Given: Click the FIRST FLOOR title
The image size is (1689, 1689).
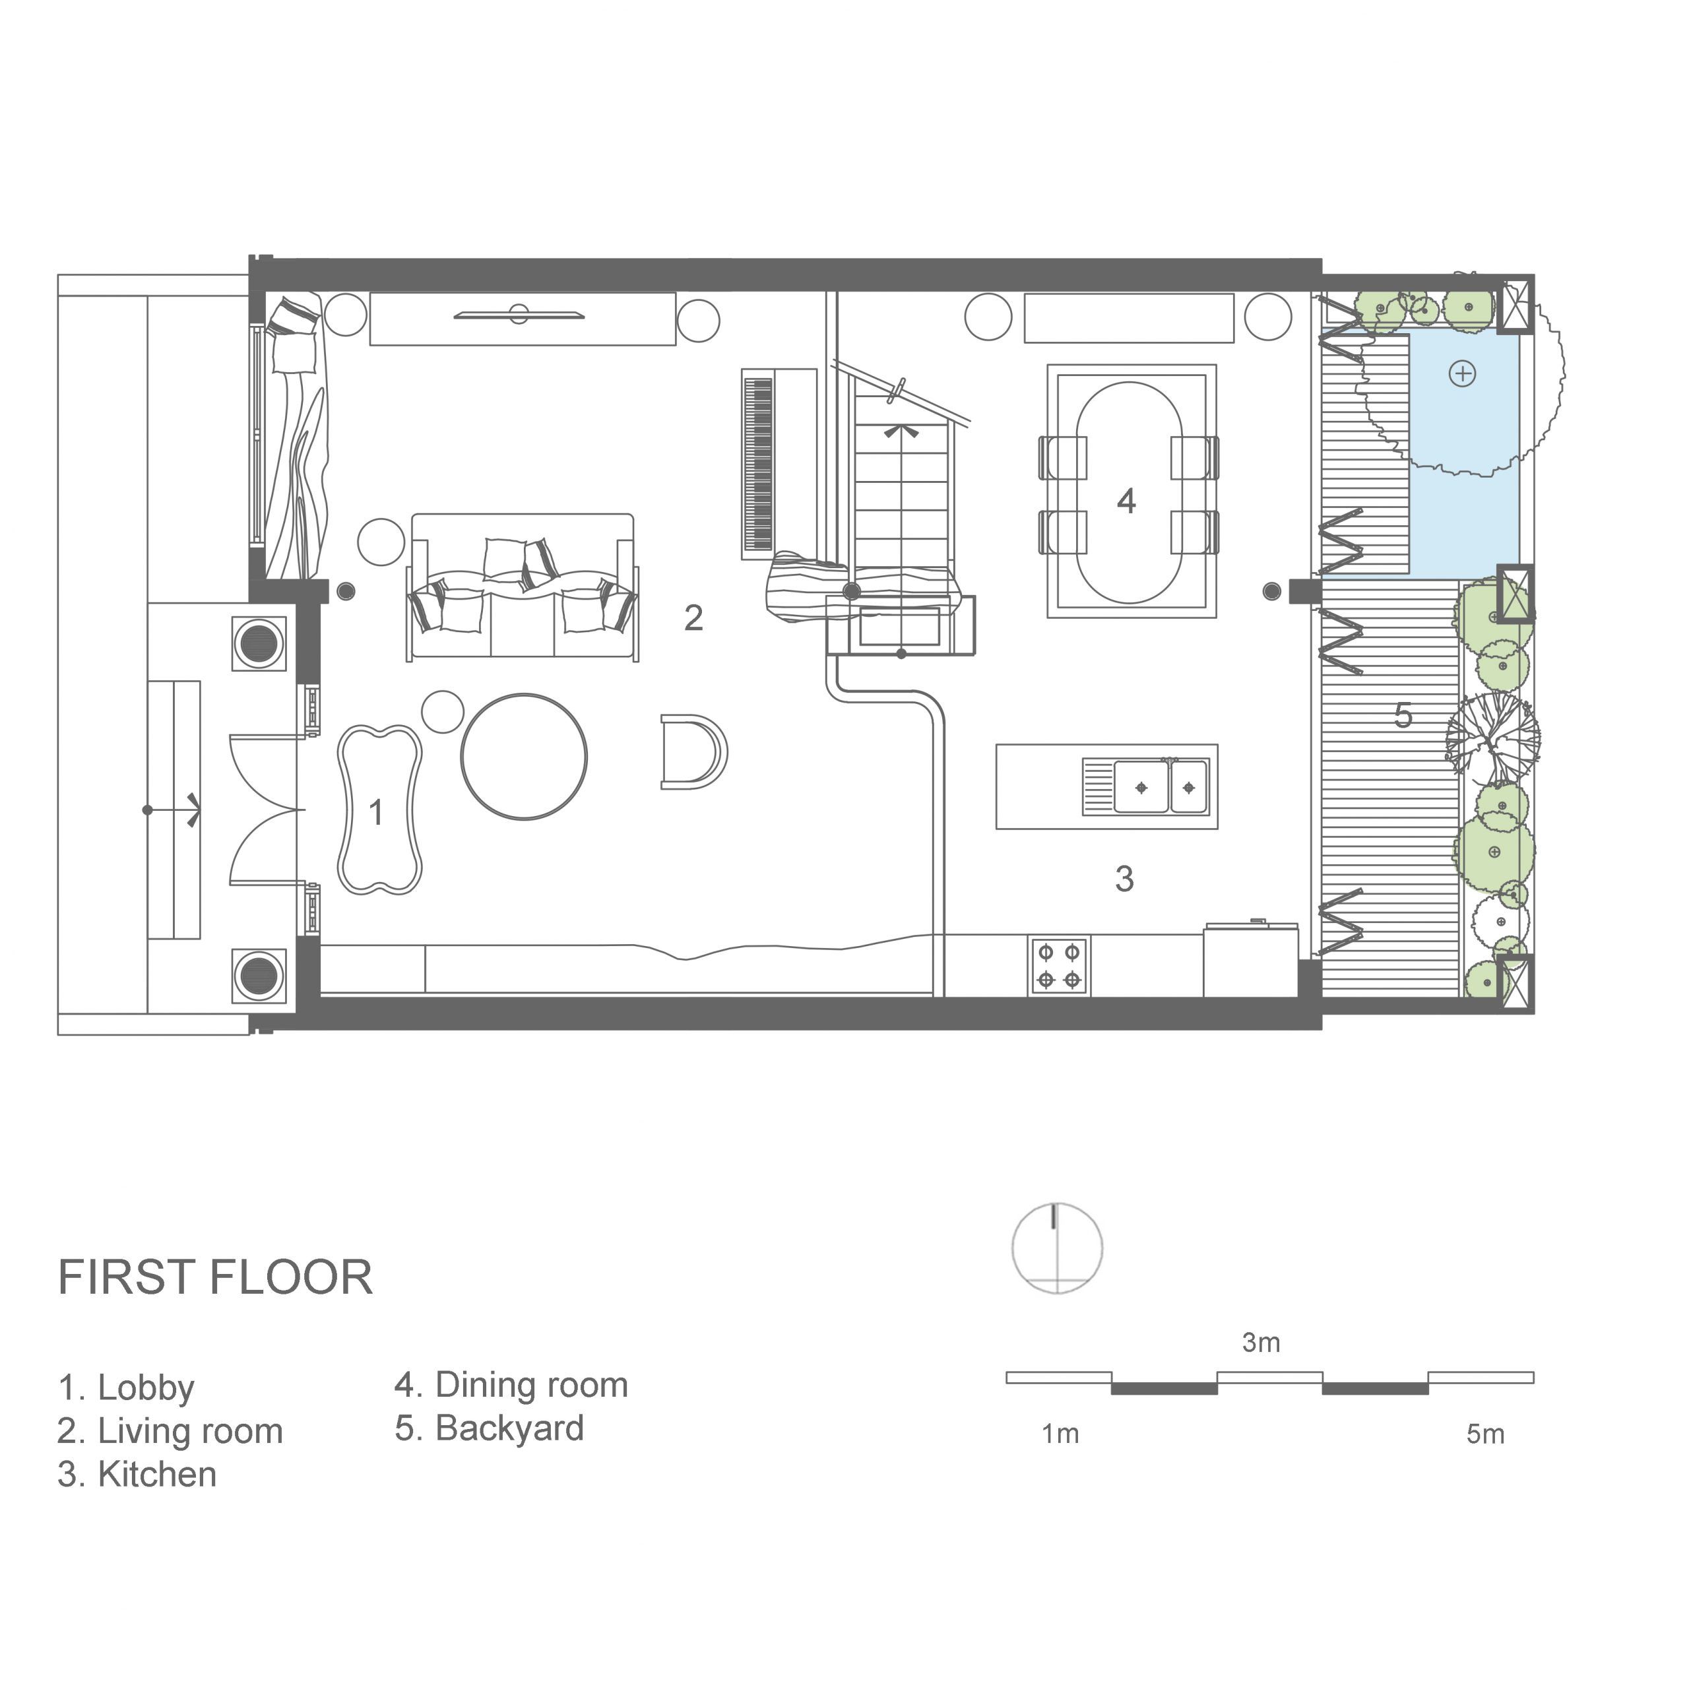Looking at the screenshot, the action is coord(215,1277).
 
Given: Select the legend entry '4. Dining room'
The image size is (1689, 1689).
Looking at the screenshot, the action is coord(511,1385).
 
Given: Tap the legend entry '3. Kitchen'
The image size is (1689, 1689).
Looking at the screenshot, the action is coord(137,1474).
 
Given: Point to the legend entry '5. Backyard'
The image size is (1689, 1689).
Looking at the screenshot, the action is coord(490,1428).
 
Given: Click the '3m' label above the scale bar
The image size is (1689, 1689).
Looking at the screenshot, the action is coord(1261,1343).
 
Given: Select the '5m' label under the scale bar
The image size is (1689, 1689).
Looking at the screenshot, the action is coord(1485,1434).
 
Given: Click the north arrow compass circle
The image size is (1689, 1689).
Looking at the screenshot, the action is coord(1057,1248).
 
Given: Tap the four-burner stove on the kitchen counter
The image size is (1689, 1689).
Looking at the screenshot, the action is coord(1059,967).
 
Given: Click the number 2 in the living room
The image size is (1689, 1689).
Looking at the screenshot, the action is coord(693,618).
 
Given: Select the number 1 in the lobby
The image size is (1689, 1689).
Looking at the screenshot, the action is coord(377,812).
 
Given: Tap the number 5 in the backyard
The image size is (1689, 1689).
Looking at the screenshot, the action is coord(1403,716).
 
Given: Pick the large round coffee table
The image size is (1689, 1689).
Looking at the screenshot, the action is coord(524,756).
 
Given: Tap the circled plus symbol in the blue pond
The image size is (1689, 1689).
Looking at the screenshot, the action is coord(1463,374).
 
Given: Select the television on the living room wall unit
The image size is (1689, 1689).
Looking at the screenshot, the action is coord(519,314).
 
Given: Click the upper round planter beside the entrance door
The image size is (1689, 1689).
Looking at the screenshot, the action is coord(259,643).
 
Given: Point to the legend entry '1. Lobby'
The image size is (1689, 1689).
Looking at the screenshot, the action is coord(126,1387).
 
